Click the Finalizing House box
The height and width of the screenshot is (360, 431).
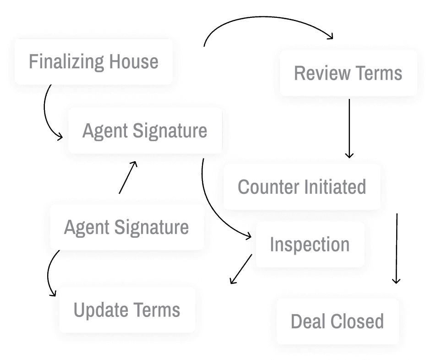pos(93,61)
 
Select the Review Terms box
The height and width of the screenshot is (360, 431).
pos(348,73)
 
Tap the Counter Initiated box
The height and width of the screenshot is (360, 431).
pos(302,187)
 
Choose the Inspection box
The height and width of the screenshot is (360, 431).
pos(310,245)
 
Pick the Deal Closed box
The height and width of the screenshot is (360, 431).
pos(337,321)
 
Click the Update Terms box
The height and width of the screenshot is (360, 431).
pos(127,310)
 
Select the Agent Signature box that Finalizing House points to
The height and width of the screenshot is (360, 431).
pos(145,131)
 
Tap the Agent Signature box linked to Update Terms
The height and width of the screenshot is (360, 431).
pos(126,227)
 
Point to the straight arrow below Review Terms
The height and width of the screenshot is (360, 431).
pos(349,128)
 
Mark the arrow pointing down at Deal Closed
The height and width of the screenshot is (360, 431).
pos(397,247)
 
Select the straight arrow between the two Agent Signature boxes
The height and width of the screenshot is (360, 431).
pos(127,178)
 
